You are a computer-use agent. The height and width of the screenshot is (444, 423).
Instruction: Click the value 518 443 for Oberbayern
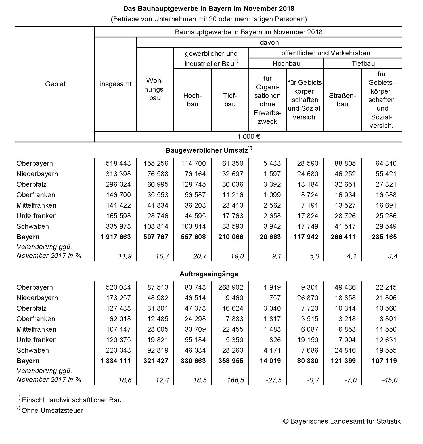coord(118,163)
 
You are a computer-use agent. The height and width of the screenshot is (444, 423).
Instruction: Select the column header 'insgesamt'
coord(116,84)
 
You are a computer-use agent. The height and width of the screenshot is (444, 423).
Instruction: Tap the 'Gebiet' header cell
coord(55,84)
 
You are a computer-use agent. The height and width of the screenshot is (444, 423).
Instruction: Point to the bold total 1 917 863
coord(116,237)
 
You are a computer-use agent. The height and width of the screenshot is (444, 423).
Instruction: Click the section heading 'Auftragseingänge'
coord(209,274)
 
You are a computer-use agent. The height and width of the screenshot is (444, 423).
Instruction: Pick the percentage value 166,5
coord(235,380)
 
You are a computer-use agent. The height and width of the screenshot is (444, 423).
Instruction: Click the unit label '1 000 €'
coord(249,136)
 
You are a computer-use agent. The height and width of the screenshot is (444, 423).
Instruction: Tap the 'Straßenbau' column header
coord(342,100)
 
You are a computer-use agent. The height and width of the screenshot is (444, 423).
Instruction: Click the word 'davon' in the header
coord(269,43)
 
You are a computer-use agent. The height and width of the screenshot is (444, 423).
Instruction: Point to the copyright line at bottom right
coord(342,421)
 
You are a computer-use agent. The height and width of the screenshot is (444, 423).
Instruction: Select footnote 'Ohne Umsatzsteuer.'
coord(53,411)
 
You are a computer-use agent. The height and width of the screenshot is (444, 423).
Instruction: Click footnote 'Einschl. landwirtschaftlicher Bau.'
coord(72,400)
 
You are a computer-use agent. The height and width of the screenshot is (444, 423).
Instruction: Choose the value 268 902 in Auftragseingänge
coord(231,287)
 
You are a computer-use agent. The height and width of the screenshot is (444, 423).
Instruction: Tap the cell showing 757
coord(275,298)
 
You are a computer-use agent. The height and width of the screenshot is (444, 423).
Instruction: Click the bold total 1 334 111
coord(116,361)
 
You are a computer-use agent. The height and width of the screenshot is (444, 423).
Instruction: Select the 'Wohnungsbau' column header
coord(155,89)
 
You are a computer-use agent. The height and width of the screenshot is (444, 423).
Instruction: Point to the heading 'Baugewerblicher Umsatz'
coord(207,150)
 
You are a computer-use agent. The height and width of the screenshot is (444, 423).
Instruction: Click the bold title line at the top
coord(209,9)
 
